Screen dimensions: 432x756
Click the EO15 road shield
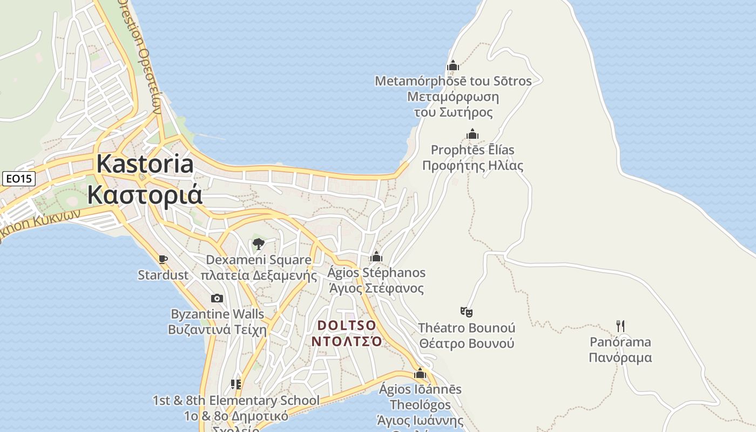tap(19, 179)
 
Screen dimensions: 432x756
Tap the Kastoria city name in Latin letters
tap(145, 164)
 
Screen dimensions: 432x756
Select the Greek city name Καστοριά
tap(145, 194)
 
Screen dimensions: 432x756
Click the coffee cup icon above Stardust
tap(163, 260)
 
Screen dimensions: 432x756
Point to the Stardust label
tap(163, 275)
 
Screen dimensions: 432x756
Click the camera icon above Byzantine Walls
tap(217, 298)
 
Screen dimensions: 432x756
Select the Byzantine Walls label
tap(218, 314)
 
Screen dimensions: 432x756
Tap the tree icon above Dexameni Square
tap(259, 244)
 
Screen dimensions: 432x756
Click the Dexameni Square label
tap(259, 260)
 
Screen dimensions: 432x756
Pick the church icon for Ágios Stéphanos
tap(376, 257)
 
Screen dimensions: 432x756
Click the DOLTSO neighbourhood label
tap(347, 326)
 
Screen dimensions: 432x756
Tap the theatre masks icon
tap(467, 312)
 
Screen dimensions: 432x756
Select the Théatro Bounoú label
tap(467, 328)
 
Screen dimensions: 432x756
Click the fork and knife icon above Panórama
tap(620, 326)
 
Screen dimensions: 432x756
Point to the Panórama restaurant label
tap(620, 342)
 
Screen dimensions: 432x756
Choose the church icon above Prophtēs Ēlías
tap(473, 134)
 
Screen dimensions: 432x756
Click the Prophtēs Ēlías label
tap(473, 150)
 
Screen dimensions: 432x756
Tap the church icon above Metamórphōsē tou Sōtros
tap(453, 65)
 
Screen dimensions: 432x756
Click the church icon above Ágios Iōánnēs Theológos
tap(420, 373)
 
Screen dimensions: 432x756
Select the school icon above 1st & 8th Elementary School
tap(236, 384)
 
